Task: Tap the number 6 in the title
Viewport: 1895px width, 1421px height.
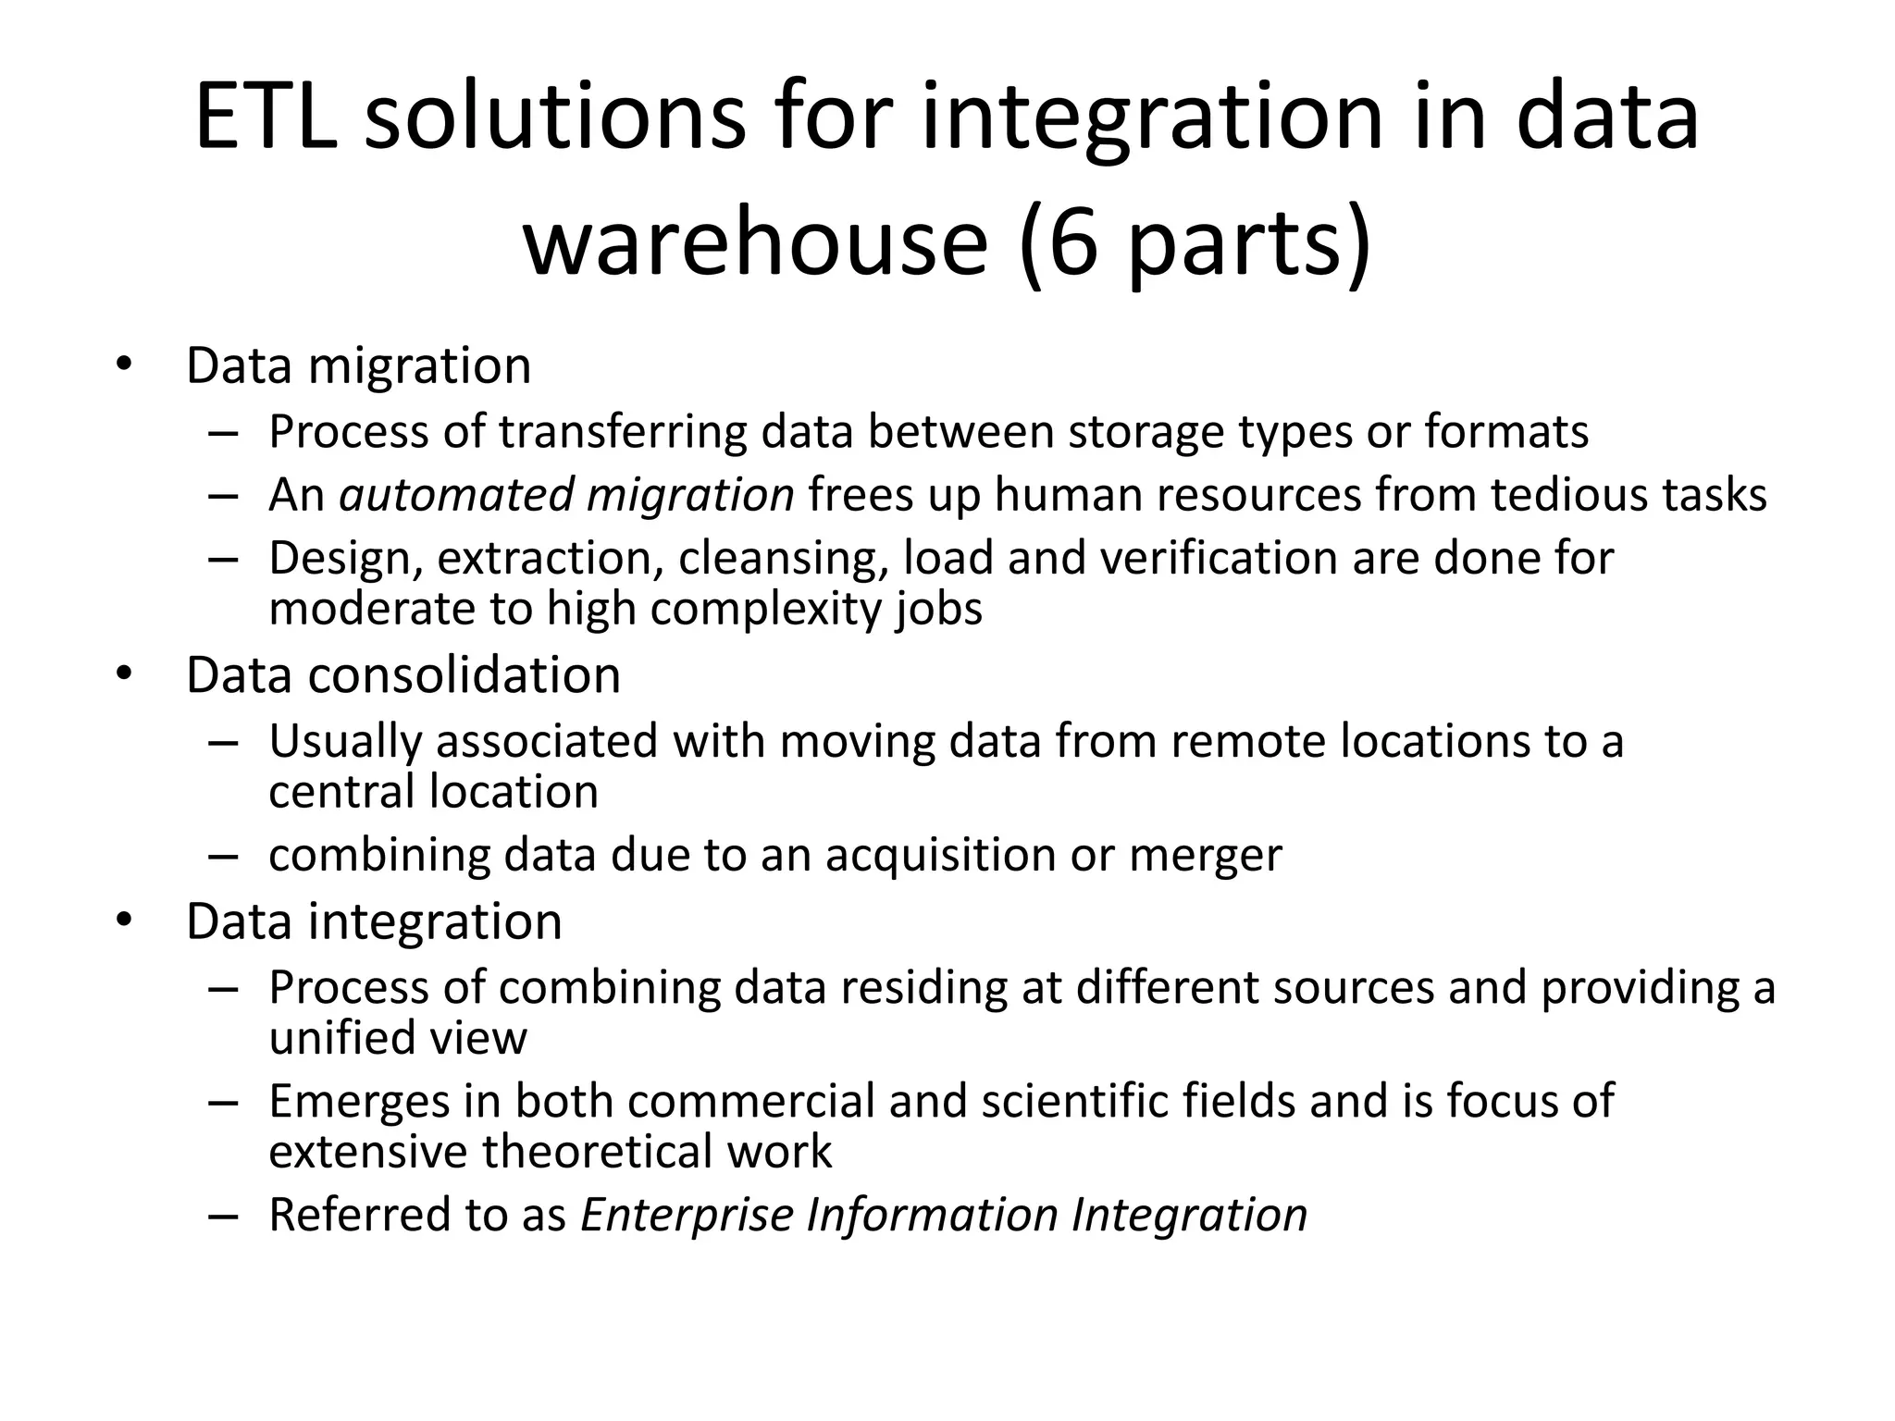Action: pos(1073,242)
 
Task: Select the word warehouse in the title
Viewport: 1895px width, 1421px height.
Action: pos(756,242)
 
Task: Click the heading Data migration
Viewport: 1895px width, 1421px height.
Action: pos(358,365)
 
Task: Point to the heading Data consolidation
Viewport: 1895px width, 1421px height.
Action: pos(403,674)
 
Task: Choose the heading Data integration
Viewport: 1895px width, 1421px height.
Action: pos(374,921)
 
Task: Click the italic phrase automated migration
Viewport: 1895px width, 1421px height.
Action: pos(566,494)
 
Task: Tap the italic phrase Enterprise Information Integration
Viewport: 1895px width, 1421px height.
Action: pos(944,1215)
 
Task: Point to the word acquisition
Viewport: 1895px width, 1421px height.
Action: pos(940,855)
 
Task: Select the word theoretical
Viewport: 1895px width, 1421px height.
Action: pos(597,1152)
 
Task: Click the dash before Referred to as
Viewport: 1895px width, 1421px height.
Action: pos(223,1216)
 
